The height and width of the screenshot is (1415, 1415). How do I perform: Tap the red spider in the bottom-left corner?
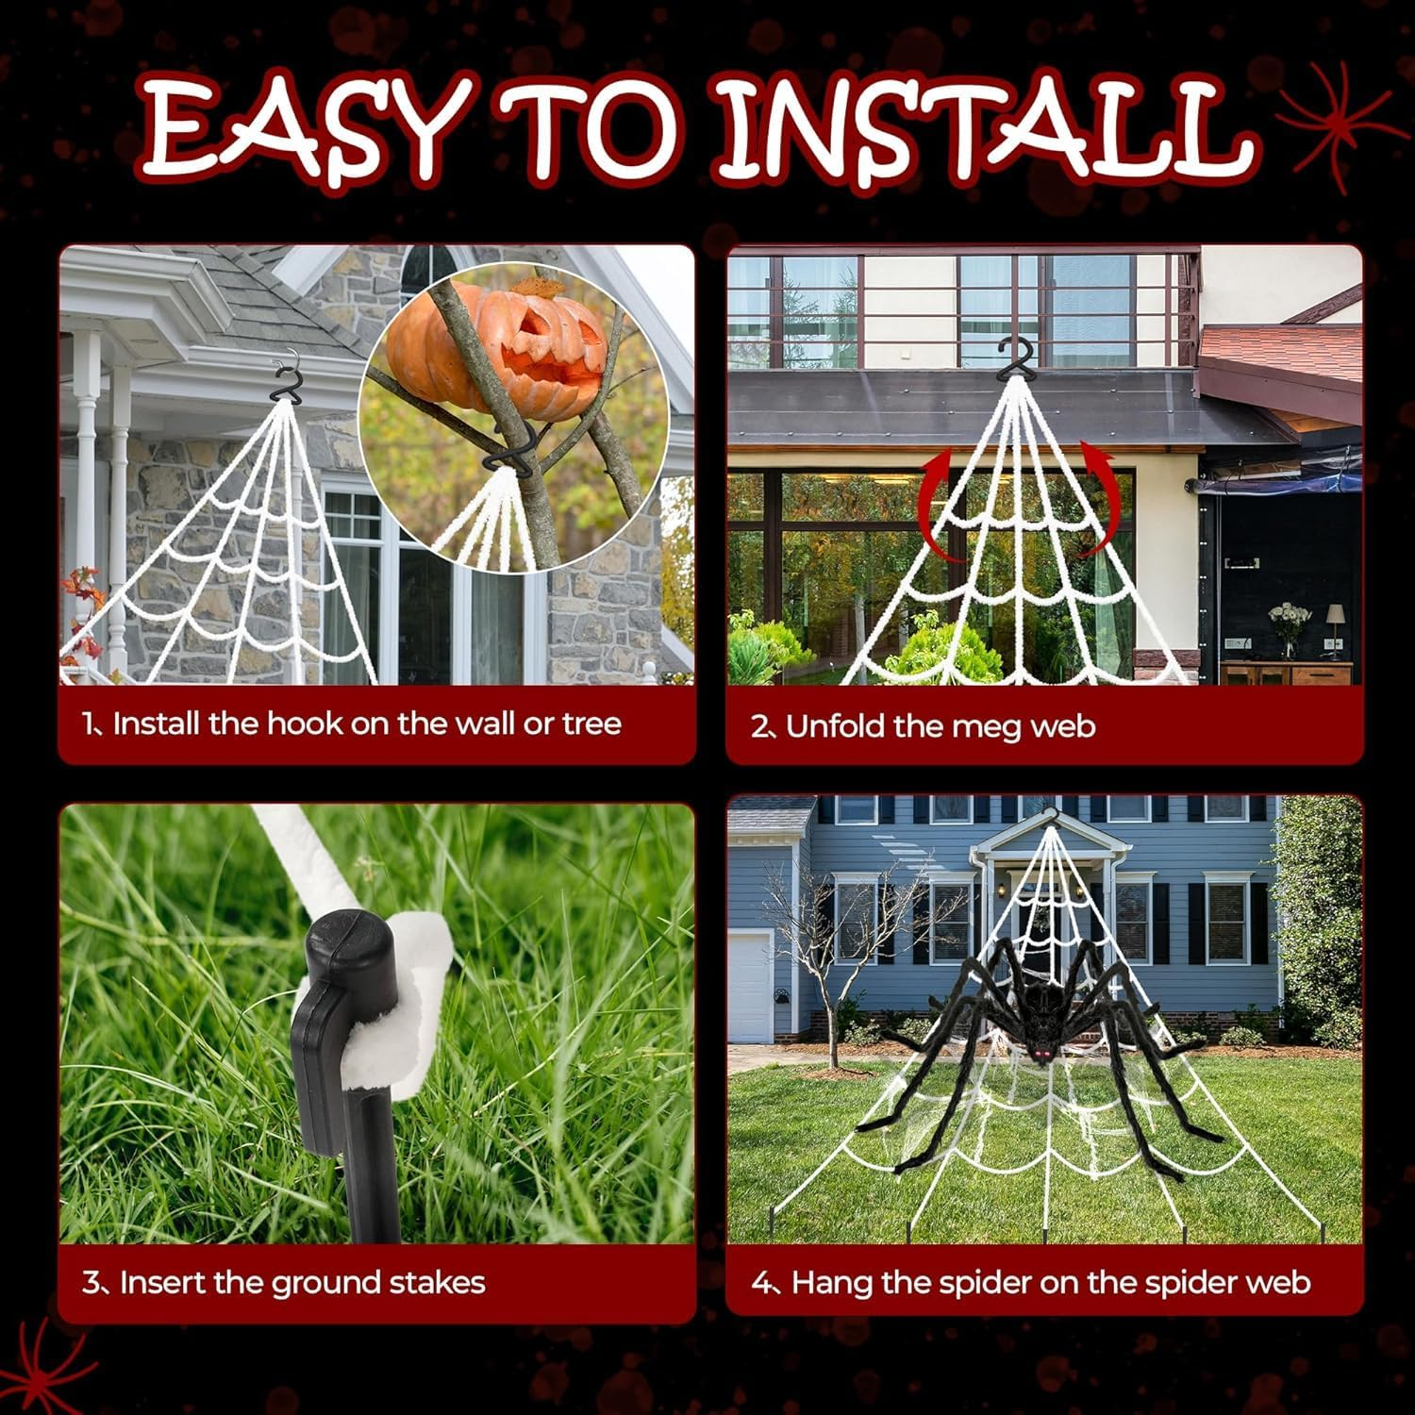tap(42, 1363)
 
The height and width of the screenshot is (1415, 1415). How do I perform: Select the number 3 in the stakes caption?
tap(91, 1283)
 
